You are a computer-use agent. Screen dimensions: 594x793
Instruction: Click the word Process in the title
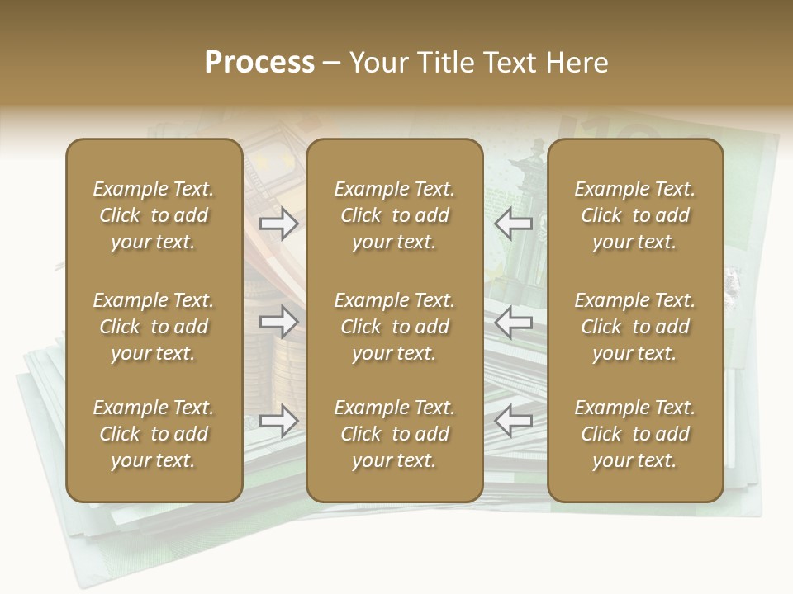tap(259, 63)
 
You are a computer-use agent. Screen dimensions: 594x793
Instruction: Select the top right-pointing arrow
tap(279, 224)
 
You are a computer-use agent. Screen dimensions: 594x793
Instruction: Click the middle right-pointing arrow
tap(279, 322)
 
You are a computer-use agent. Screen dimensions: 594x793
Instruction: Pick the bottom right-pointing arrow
tap(279, 421)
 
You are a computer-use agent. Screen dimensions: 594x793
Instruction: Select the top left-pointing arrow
tap(514, 224)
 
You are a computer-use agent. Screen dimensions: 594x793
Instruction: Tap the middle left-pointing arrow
tap(514, 322)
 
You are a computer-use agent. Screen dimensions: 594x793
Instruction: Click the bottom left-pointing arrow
tap(514, 421)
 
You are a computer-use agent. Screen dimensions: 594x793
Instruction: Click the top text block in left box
tap(154, 215)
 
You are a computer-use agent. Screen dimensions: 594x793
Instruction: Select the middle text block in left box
tap(154, 327)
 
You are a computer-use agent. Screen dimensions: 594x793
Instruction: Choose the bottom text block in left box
tap(154, 434)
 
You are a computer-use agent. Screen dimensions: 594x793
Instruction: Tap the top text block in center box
tap(395, 215)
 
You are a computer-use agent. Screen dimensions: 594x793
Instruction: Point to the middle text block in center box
tap(395, 327)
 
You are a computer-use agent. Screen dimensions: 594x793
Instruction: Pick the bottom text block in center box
tap(395, 434)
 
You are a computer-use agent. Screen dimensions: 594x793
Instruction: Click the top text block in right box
tap(635, 215)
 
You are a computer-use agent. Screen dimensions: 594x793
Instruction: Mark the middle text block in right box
tap(635, 327)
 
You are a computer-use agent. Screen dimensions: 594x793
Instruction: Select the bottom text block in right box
tap(635, 434)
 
